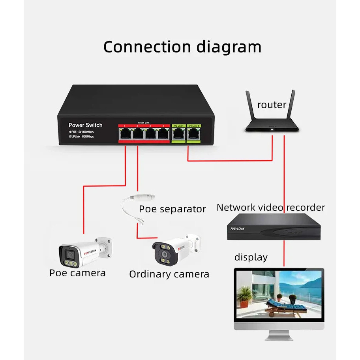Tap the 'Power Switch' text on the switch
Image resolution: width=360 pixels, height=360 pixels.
pos(85,125)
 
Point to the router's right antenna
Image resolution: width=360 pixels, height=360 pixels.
pos(292,106)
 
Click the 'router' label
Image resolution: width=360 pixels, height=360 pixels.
pos(272,105)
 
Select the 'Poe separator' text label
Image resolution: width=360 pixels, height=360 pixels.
pos(172,209)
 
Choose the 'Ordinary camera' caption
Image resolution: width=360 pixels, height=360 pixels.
pos(169,274)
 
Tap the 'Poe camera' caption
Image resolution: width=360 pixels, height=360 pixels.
pos(77,273)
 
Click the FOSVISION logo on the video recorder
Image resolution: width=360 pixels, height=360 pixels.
pos(238,229)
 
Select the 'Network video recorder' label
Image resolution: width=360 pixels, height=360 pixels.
pos(271,208)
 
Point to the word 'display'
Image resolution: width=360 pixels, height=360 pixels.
pos(251,257)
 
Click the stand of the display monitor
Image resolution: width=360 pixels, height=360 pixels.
pos(279,335)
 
